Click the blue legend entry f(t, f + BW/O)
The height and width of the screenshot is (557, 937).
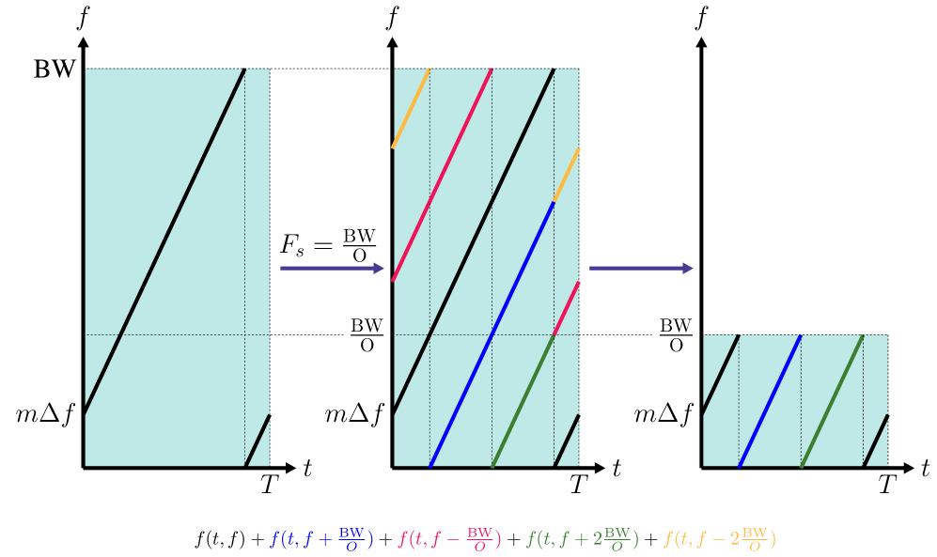(321, 539)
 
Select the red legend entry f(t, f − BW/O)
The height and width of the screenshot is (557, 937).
(449, 539)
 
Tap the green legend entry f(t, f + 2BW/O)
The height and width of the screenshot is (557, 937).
(582, 539)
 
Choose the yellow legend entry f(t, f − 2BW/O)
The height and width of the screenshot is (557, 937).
(719, 539)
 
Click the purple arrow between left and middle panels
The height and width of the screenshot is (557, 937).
(332, 269)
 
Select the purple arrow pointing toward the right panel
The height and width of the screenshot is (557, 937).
(641, 269)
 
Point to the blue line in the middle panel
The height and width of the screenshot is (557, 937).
(492, 334)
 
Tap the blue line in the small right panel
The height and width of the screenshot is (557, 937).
(770, 400)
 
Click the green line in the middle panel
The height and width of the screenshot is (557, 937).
(523, 400)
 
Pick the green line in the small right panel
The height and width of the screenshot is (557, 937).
(832, 400)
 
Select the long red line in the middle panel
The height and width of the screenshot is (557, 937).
(442, 175)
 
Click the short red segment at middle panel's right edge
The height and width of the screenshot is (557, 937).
(566, 308)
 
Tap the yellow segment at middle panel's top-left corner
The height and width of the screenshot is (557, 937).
(412, 107)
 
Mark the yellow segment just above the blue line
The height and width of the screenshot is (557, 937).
(566, 176)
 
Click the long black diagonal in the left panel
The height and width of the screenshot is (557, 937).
(164, 240)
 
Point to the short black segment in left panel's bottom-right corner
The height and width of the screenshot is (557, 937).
(258, 440)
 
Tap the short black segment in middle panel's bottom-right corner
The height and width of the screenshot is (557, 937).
(567, 440)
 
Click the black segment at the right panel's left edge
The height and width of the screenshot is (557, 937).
(721, 374)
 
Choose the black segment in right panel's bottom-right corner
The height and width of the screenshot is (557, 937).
(876, 440)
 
